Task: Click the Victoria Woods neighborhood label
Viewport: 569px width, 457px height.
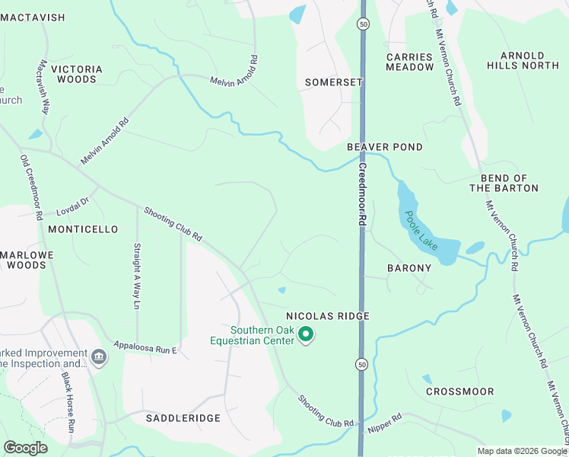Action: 77,74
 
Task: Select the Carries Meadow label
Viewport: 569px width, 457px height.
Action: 409,62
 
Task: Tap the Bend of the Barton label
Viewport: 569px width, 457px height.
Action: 504,183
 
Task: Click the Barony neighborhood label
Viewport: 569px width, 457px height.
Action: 408,268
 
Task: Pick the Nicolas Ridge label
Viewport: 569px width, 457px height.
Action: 327,315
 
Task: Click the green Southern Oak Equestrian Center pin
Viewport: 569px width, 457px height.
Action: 306,334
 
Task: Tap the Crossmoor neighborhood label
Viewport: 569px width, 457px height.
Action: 459,391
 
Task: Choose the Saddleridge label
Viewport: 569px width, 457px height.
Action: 183,418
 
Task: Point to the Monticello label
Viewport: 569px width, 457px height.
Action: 82,228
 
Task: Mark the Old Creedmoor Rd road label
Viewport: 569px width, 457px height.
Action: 31,188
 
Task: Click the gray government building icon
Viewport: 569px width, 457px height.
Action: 98,356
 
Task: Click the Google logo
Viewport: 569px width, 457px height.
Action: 26,448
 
